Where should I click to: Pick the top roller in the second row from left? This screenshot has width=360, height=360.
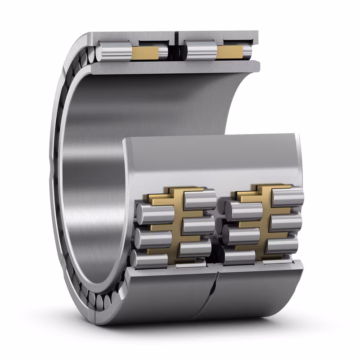200,199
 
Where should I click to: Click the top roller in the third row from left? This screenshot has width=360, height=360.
243,211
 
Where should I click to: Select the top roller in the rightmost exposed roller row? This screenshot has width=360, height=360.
288,197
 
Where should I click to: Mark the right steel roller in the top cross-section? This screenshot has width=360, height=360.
201,51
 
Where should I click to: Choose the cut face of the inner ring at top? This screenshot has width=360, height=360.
175,67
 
